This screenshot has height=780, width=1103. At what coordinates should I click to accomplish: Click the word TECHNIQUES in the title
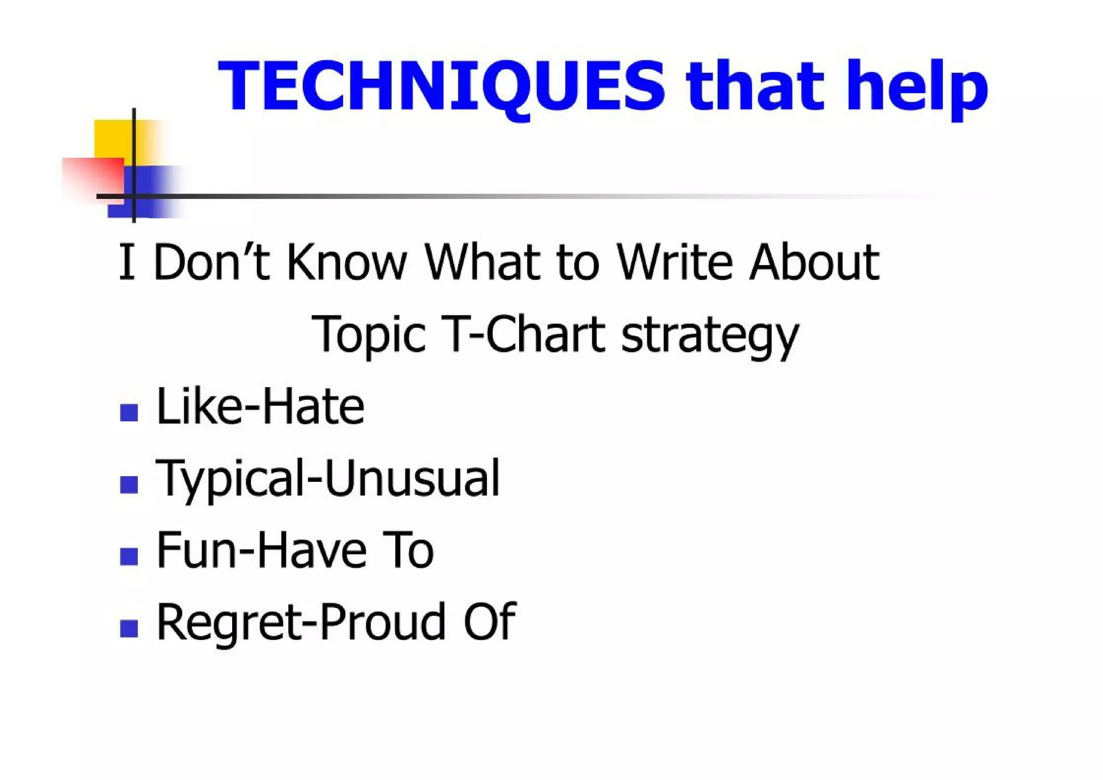(x=442, y=86)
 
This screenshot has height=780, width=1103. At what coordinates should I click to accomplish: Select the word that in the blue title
(x=755, y=86)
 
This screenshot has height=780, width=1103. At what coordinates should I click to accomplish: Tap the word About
(x=814, y=263)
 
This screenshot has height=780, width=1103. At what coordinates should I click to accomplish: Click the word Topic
(x=368, y=335)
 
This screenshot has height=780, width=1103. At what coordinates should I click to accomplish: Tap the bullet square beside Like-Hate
(x=129, y=412)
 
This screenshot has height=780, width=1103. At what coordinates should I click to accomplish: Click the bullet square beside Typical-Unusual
(x=129, y=484)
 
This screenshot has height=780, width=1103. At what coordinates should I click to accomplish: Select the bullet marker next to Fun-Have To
(x=129, y=556)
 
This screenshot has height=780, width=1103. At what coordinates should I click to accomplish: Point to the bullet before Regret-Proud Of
(x=129, y=628)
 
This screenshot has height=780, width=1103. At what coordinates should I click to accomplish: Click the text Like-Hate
(x=260, y=406)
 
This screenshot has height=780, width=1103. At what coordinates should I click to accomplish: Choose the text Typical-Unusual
(x=327, y=479)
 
